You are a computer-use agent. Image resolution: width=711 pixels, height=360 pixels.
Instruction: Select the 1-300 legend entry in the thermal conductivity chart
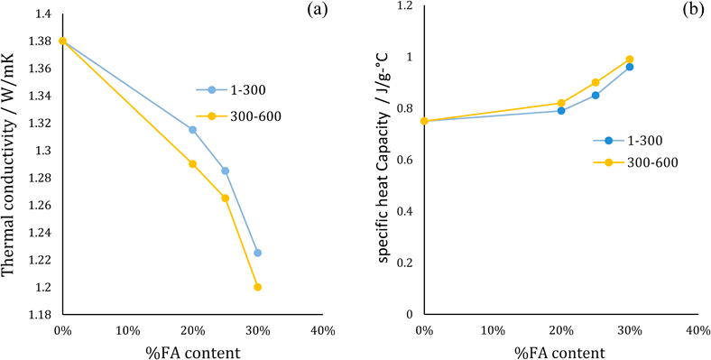(x=227, y=89)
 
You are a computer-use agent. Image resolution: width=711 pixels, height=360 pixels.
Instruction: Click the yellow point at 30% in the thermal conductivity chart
(x=258, y=287)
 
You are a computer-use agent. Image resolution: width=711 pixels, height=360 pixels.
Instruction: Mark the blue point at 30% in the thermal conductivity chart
(x=258, y=253)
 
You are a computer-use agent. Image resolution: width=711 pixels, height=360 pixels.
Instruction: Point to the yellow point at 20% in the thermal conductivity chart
(x=192, y=164)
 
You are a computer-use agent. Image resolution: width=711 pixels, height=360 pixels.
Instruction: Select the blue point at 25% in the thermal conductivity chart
(x=225, y=171)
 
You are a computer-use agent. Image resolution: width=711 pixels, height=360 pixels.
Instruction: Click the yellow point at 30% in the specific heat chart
(x=630, y=60)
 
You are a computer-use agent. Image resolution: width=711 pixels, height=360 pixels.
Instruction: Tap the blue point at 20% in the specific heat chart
(x=561, y=111)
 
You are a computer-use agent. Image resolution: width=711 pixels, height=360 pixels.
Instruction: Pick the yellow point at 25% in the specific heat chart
(x=596, y=82)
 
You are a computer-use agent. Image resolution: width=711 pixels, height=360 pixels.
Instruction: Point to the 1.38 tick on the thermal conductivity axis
(x=39, y=42)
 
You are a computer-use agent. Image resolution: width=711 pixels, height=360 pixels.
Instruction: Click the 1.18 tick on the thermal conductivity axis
(x=39, y=314)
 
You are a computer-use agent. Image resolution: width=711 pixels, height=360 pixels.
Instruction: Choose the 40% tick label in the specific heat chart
(x=697, y=330)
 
